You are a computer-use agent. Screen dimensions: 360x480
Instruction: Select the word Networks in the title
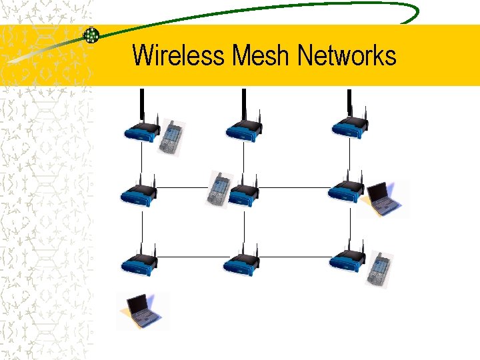(347, 55)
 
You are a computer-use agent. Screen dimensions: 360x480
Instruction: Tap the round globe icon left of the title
(91, 35)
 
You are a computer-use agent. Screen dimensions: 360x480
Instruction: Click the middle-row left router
(139, 193)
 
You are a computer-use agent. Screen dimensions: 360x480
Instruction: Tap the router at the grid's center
(243, 193)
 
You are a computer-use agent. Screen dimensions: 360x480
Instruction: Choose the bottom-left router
(139, 263)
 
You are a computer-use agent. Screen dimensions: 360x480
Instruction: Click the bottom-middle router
(241, 263)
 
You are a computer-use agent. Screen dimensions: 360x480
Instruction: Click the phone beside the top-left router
(171, 138)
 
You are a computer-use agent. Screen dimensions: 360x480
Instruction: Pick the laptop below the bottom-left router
(142, 311)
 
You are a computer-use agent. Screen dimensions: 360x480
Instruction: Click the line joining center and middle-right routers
(293, 188)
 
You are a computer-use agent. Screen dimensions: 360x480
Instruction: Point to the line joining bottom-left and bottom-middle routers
(190, 257)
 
